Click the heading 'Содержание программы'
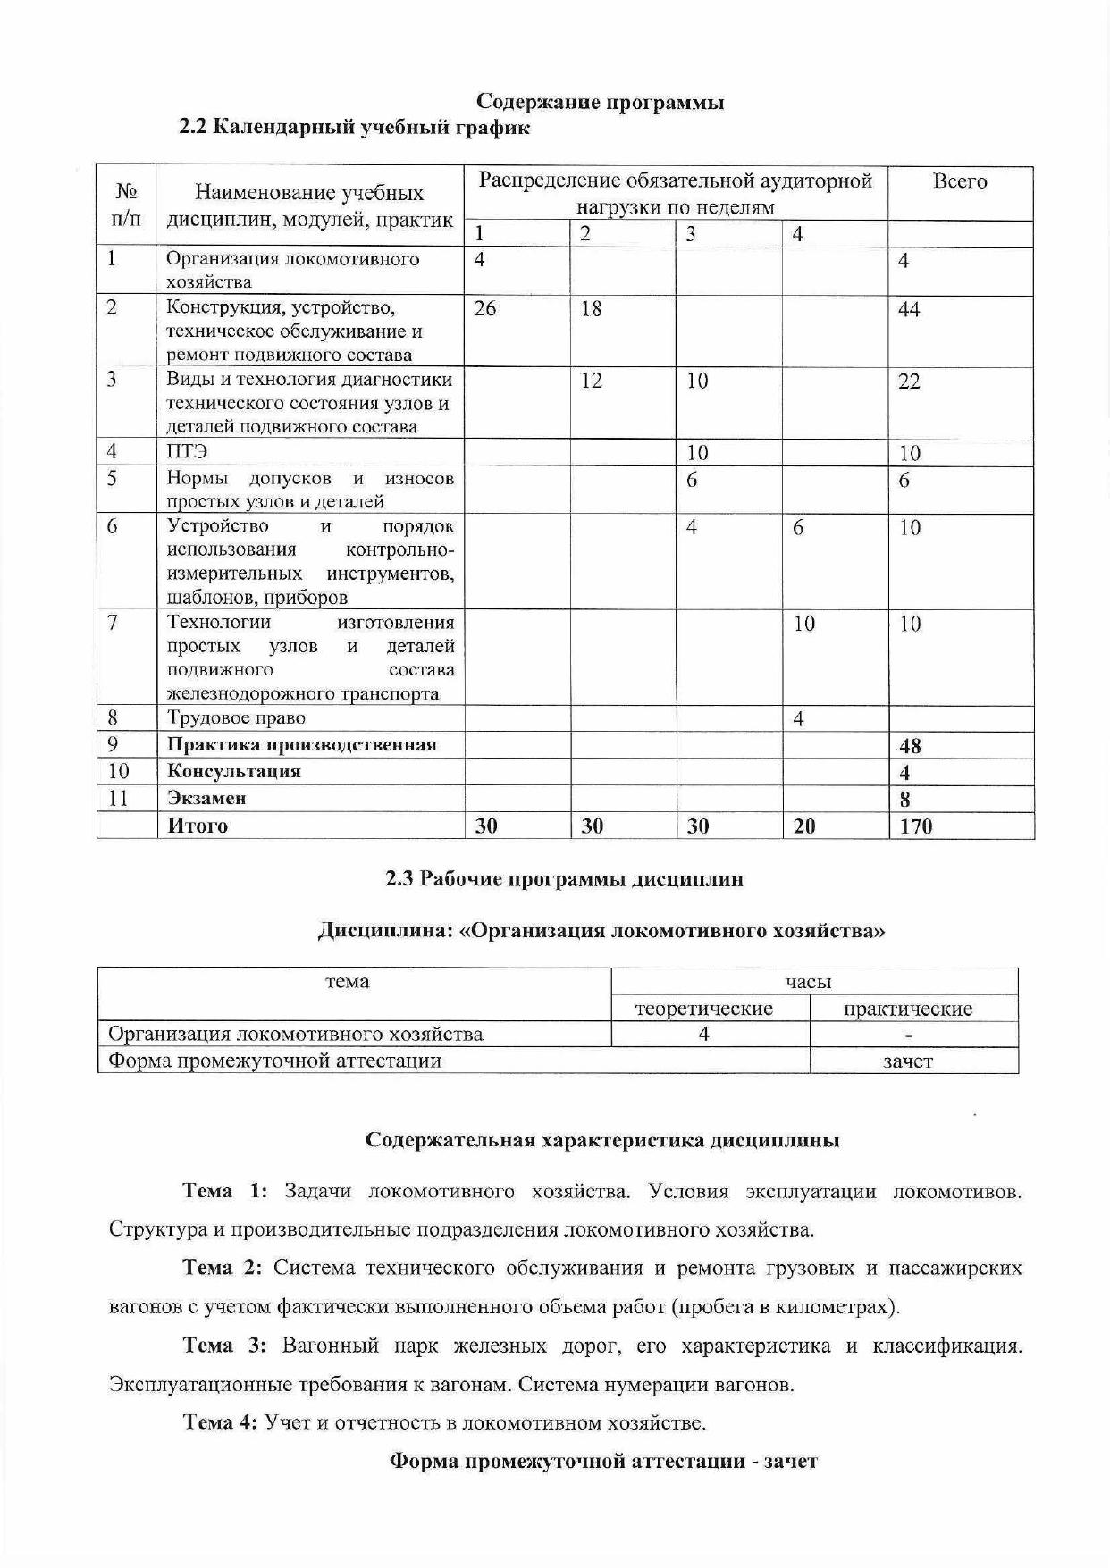[600, 102]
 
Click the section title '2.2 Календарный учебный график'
[355, 128]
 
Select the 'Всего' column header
[959, 181]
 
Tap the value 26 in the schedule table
[485, 309]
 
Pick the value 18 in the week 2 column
[591, 309]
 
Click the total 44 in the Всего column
[909, 311]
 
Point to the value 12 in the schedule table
[591, 381]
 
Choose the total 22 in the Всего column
[909, 382]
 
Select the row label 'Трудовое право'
[236, 718]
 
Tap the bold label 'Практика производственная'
[301, 745]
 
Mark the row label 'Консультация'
[234, 772]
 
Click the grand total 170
[916, 826]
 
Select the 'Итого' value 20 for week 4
[804, 826]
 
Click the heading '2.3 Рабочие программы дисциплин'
[564, 880]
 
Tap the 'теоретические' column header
[703, 1010]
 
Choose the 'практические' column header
[907, 1010]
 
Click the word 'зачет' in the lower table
[907, 1061]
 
